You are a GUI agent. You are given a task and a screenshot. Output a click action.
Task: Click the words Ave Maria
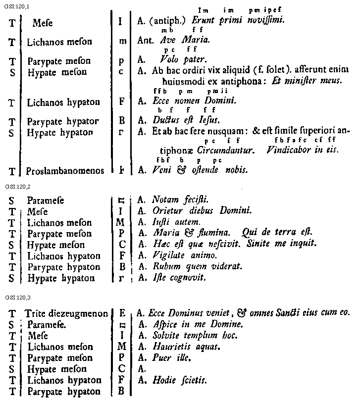coord(181,41)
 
